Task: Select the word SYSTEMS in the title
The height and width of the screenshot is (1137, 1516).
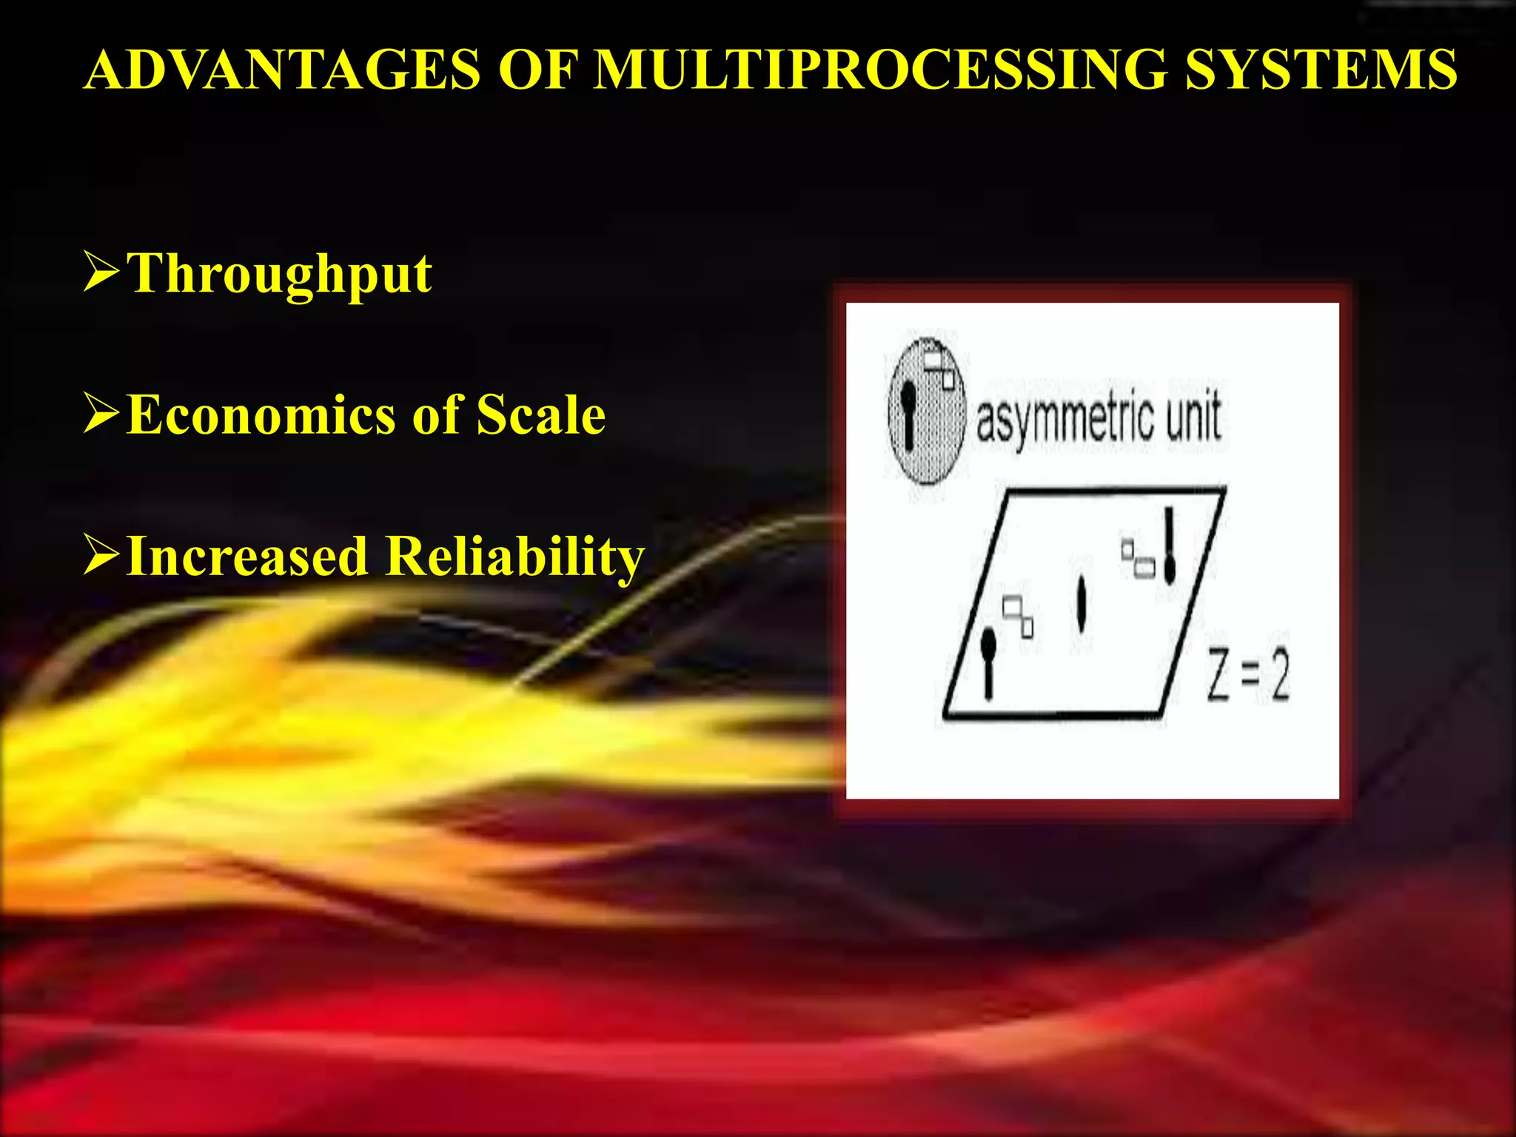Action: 1321,70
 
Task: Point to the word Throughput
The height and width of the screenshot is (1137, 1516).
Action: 279,275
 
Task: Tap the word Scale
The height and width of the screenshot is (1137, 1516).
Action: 540,415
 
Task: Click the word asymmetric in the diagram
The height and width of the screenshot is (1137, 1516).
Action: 1065,418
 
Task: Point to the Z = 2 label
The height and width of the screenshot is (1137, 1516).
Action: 1248,674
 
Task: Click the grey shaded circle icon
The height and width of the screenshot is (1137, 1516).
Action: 927,412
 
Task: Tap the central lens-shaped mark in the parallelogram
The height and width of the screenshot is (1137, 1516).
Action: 1081,603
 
